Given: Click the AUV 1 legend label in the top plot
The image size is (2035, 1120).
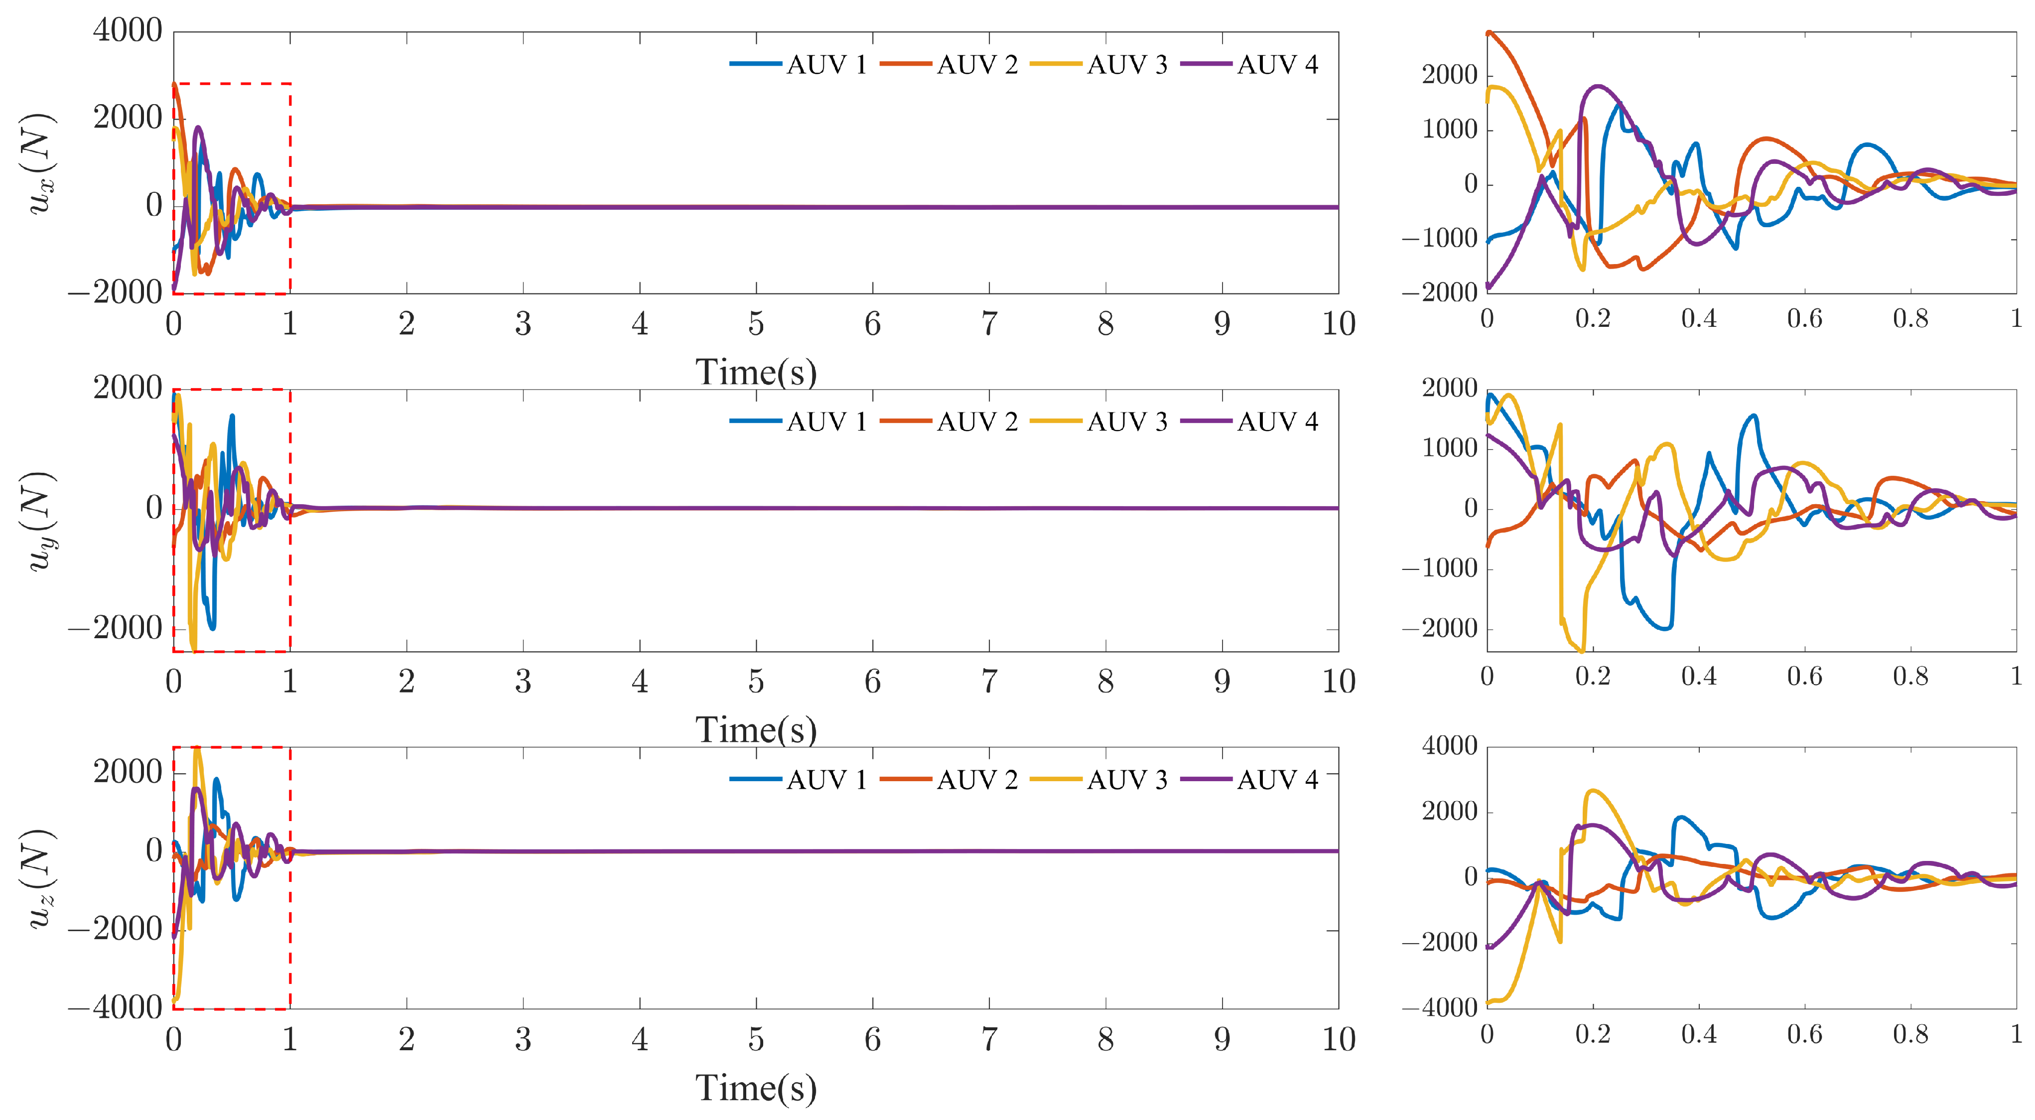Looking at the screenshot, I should click(x=826, y=65).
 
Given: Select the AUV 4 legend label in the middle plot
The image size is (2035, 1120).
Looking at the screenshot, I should click(x=1277, y=422).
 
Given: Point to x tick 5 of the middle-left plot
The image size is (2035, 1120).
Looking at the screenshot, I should click(x=756, y=682).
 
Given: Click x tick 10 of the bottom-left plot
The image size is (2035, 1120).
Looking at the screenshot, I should click(x=1338, y=1039).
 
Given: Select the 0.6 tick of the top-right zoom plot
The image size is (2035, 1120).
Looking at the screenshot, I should click(x=1804, y=319).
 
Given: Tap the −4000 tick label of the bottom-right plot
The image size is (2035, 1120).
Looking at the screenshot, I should click(x=1439, y=1008).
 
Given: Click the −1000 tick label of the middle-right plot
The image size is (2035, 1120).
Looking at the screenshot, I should click(x=1439, y=568).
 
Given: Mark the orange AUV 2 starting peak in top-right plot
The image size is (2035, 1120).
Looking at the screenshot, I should click(x=1489, y=34).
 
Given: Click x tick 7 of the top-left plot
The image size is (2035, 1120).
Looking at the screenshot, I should click(x=989, y=324).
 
